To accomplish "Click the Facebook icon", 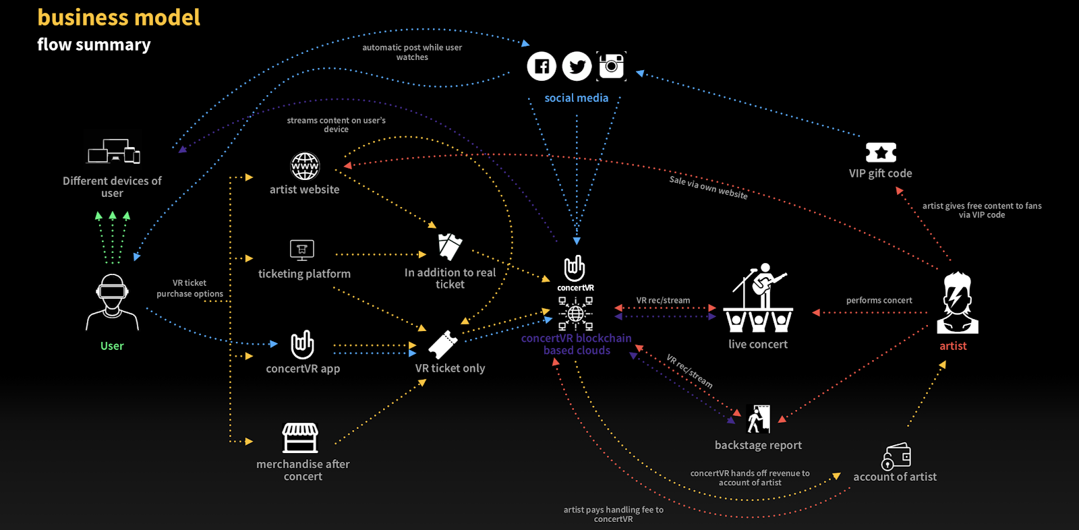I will point(542,66).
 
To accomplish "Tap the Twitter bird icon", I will point(577,66).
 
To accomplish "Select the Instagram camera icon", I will point(612,66).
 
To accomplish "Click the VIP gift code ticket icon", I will point(881,152).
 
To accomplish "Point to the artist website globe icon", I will point(305,166).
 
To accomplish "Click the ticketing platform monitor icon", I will point(302,250).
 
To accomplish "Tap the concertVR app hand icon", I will point(302,345).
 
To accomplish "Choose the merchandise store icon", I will point(300,438).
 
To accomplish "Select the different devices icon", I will point(113,152).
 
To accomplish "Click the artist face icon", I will point(957,303).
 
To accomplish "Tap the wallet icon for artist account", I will point(896,457).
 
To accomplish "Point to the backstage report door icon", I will point(759,419).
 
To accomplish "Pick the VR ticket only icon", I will point(443,345).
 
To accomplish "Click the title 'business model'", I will point(119,18).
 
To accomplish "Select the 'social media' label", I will point(577,98).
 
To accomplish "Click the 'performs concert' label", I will point(879,300).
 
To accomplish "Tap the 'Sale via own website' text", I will point(708,187).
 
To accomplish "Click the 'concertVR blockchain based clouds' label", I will point(577,344).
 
